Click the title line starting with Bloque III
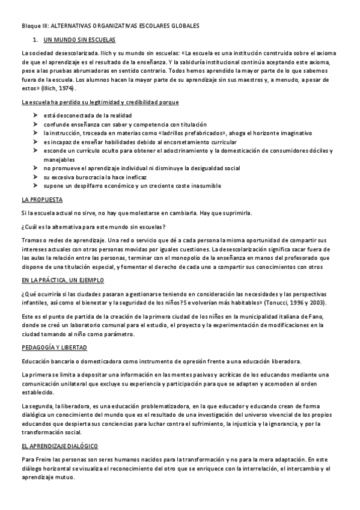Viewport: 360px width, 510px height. tap(110, 27)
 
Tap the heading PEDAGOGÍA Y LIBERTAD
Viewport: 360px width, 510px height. tap(54, 348)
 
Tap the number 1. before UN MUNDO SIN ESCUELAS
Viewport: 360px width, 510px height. tap(36, 40)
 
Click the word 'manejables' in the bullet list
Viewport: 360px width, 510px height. tap(59, 159)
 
